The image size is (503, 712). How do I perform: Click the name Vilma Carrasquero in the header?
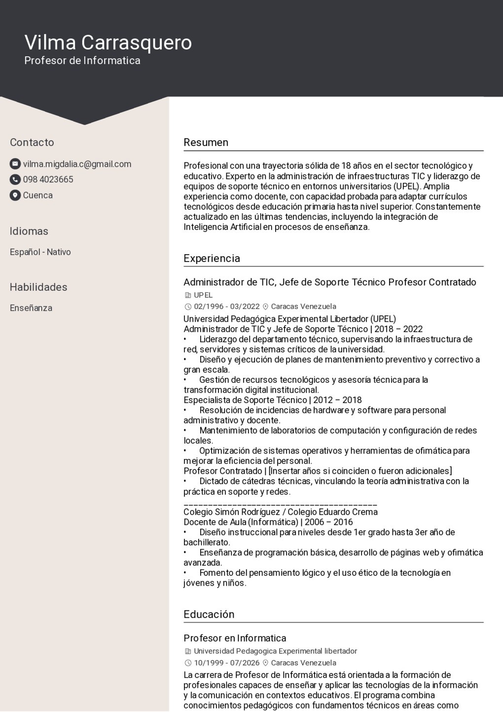108,42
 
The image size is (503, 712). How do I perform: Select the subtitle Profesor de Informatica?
82,61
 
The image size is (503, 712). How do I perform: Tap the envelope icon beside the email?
15,164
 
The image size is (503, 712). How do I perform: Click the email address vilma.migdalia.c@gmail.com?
77,164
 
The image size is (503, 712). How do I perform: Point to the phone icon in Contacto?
15,180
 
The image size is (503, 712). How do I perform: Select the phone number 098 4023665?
48,180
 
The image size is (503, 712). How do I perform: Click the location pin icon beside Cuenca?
15,195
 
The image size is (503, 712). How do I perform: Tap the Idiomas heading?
29,231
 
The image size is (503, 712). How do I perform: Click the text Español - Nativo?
40,252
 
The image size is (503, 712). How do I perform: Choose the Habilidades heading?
38,287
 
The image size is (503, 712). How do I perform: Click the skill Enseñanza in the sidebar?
31,308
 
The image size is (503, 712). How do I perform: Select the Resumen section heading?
206,143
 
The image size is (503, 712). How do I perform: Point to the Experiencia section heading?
212,259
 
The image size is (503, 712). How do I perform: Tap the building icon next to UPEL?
187,296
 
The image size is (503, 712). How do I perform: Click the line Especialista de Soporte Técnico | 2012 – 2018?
273,400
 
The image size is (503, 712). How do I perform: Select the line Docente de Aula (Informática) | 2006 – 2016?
268,522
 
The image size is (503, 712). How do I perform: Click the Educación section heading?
209,614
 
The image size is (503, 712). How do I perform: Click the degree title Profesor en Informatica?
235,638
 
